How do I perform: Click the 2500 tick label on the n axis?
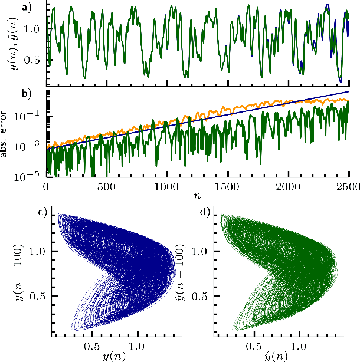(348, 186)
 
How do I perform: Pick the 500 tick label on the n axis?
(106, 186)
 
